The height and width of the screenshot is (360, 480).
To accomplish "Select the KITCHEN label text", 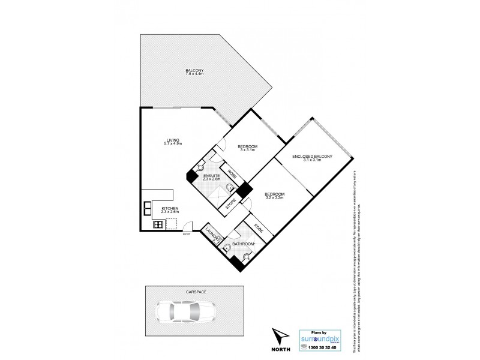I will [170, 210].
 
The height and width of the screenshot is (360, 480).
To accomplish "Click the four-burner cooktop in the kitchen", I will [159, 225].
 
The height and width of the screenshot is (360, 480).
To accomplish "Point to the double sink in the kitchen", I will [147, 209].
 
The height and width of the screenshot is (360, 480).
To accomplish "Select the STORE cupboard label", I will [229, 204].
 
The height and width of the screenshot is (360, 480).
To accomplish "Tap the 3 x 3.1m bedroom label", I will [247, 149].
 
